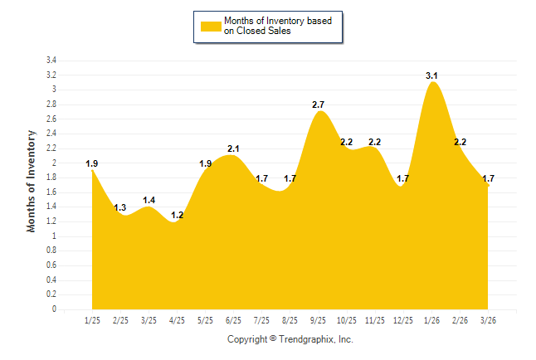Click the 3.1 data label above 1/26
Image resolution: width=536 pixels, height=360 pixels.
pyautogui.click(x=431, y=75)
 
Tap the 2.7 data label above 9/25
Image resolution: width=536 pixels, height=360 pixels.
pyautogui.click(x=319, y=105)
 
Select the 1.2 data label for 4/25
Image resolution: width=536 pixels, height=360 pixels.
pyautogui.click(x=177, y=215)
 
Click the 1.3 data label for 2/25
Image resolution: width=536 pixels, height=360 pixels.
pyautogui.click(x=120, y=207)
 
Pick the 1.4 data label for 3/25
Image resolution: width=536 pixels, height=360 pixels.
pyautogui.click(x=149, y=200)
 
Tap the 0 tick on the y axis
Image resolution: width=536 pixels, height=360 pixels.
pyautogui.click(x=54, y=309)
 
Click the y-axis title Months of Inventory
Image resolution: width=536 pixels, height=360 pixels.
pyautogui.click(x=32, y=180)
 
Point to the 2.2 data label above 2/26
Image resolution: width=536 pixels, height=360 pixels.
pyautogui.click(x=460, y=142)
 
